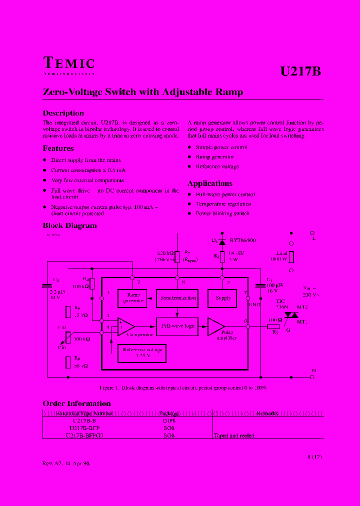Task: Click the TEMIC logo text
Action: pos(69,64)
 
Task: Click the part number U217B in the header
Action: pos(300,71)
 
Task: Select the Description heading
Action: pos(63,113)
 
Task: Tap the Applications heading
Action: pos(209,183)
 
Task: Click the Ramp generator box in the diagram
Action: pos(132,298)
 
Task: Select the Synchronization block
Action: pos(176,298)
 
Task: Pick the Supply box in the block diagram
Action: pos(222,298)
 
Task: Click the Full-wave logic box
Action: pos(177,325)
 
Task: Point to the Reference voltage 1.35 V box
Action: pos(141,353)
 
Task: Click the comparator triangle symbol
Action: pos(125,326)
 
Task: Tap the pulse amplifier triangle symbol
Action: pos(215,326)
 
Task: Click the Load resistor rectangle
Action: pos(291,256)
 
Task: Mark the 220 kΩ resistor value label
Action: pos(164,254)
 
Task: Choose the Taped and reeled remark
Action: pos(234,435)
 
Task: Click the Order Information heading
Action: pos(76,403)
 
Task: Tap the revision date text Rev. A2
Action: pos(66,463)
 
